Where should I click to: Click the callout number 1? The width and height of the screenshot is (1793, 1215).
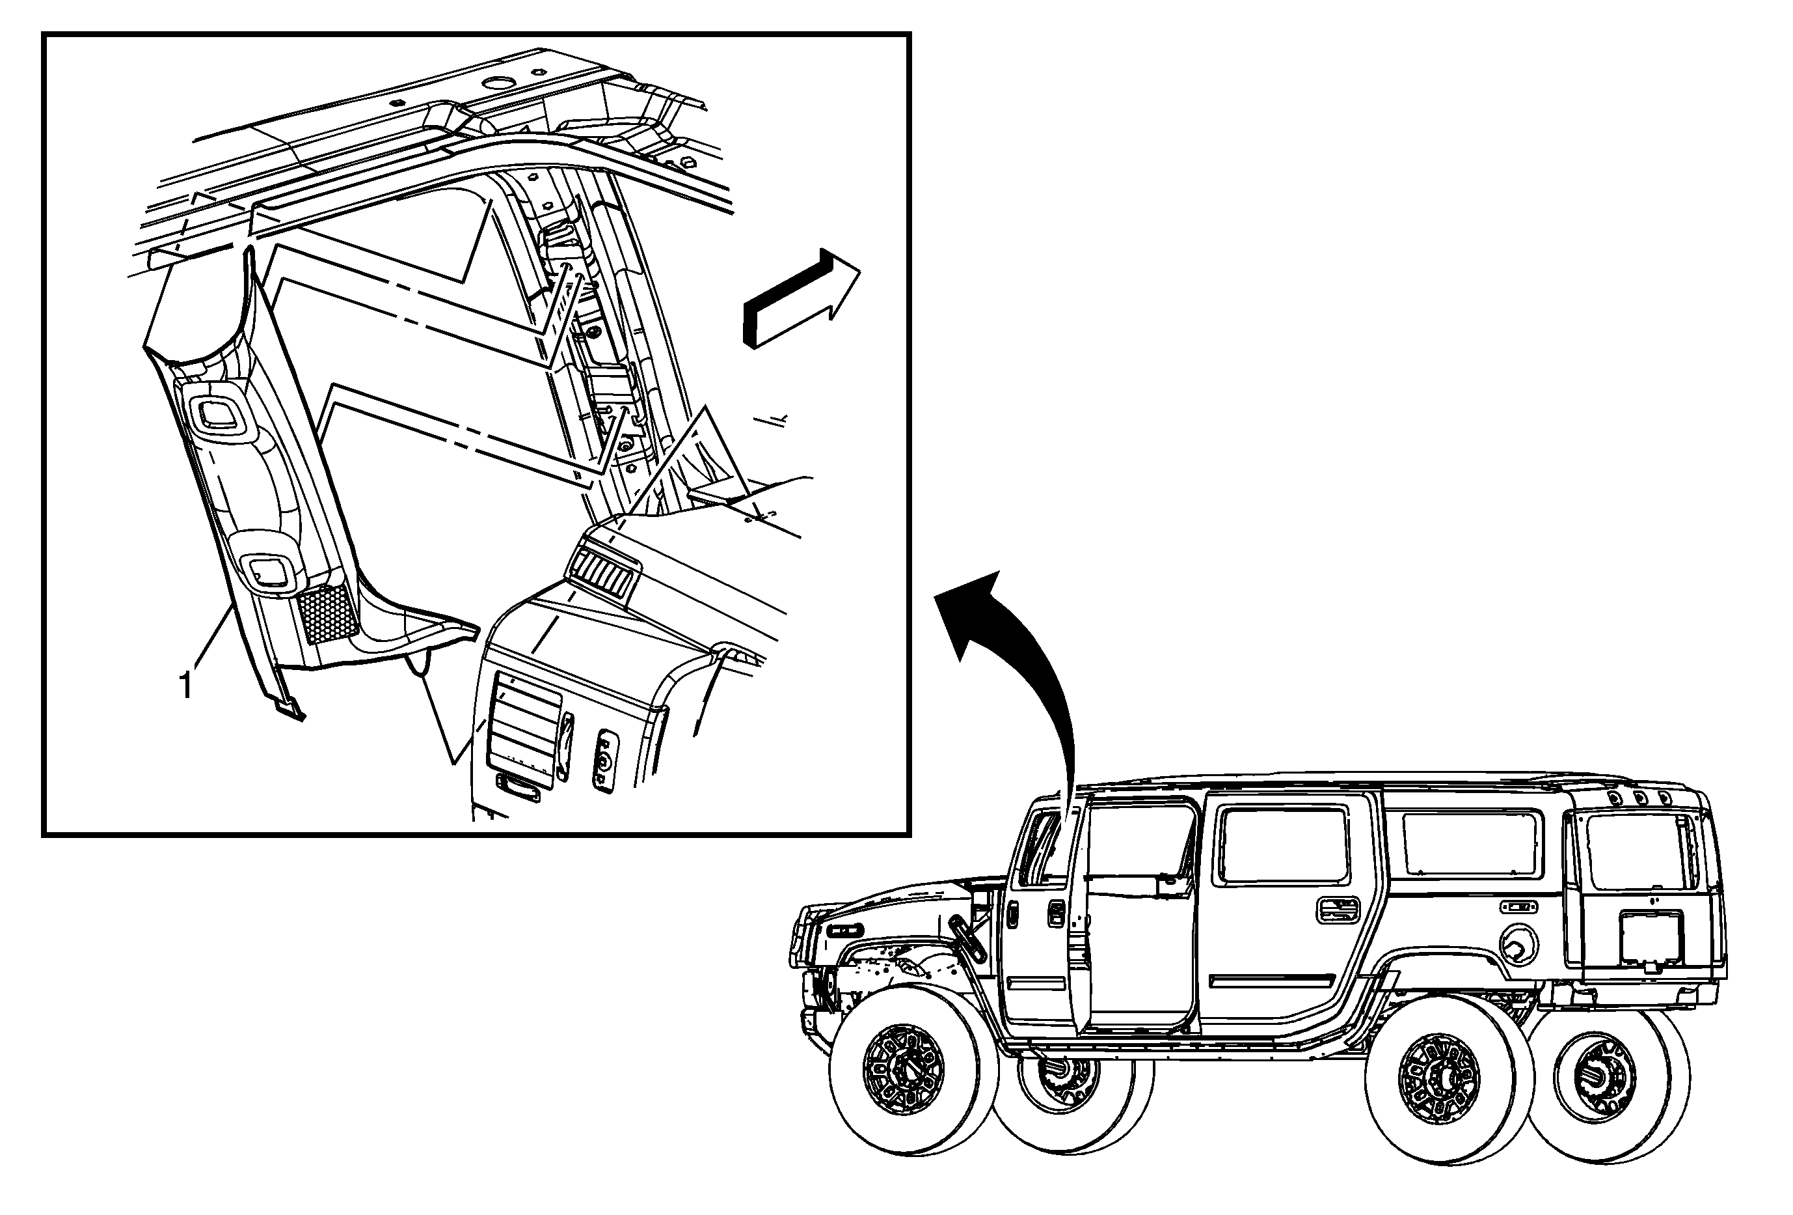[x=186, y=686]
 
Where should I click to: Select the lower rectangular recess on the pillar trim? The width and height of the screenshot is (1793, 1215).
[x=269, y=571]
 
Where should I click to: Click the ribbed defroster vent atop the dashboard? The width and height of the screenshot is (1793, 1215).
[x=605, y=575]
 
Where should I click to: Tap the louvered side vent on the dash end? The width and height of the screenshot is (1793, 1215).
[x=524, y=730]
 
